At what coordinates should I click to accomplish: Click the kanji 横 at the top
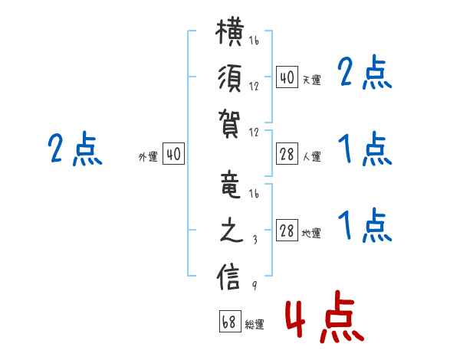coord(230,32)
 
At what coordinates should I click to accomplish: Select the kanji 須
coord(230,79)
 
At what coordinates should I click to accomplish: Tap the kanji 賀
coord(229,124)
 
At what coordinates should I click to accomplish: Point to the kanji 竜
coord(230,185)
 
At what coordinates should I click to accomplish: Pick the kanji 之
coord(232,231)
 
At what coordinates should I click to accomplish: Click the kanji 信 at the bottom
coord(228,277)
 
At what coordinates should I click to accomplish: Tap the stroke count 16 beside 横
coord(254,41)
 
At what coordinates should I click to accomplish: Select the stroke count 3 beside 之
coord(255,240)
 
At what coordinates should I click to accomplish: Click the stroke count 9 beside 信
coord(255,285)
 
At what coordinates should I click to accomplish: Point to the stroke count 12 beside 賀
coord(254,133)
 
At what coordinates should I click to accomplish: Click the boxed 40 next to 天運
coord(287,77)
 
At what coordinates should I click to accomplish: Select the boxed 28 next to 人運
coord(287,154)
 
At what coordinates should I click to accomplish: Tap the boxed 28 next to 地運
coord(287,230)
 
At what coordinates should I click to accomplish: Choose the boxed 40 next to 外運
coord(173,153)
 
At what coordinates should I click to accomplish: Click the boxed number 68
coord(230,321)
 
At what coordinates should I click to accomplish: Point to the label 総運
coord(255,325)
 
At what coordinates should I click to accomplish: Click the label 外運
coord(148,157)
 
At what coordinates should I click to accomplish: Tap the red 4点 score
coord(324,316)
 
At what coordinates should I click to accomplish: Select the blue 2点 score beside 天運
coord(364,73)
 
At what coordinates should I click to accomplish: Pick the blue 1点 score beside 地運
coord(364,225)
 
